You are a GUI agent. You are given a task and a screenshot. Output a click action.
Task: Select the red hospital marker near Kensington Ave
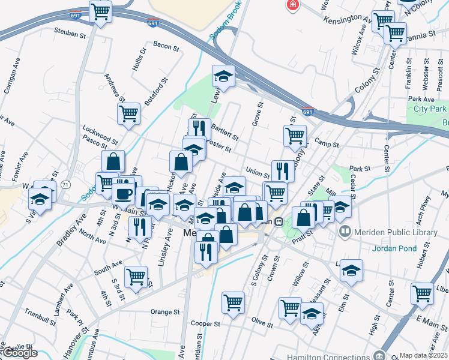point(292,5)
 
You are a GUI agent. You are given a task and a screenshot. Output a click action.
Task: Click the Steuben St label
point(70,34)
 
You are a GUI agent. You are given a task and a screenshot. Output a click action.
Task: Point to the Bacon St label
point(163,44)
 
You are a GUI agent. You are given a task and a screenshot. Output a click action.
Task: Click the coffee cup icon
point(124,194)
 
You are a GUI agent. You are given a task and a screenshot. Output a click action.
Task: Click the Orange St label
point(165,312)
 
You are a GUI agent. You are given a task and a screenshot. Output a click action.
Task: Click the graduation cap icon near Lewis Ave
point(223,76)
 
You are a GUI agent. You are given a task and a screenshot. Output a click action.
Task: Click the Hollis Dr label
point(142,60)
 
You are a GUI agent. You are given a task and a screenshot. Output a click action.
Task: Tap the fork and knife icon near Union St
point(282,170)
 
